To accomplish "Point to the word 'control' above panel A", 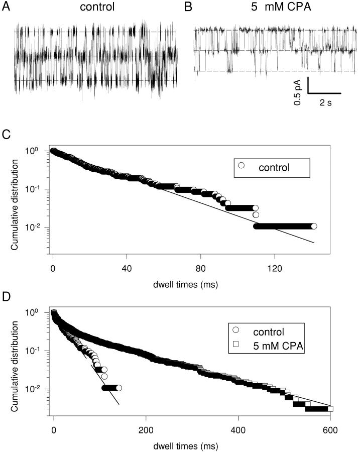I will click(99, 8).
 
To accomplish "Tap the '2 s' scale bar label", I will click(325, 101).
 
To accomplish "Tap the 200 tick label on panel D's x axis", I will click(146, 430).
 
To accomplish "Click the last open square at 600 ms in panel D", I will click(330, 408).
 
